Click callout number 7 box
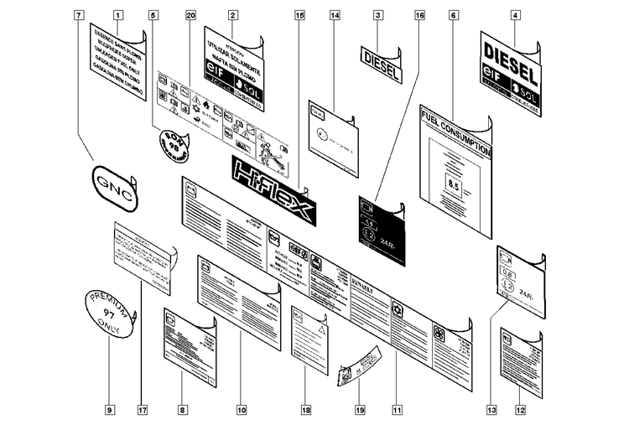click(x=79, y=15)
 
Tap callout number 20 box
click(x=190, y=15)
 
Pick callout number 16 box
click(x=419, y=15)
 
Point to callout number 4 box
click(x=515, y=15)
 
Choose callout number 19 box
click(x=359, y=410)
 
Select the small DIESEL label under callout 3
click(x=380, y=58)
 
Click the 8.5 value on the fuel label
click(x=454, y=184)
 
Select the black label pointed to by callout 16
click(x=381, y=229)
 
